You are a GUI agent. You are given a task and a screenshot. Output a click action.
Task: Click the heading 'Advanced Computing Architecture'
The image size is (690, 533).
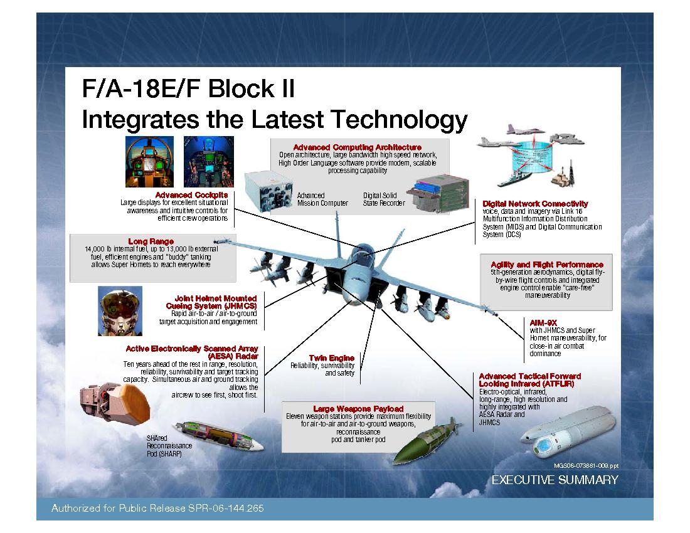(357, 147)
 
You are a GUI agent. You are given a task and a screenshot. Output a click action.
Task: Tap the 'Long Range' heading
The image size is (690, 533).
(151, 241)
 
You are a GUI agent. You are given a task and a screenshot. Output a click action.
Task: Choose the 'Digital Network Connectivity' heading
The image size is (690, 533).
(535, 204)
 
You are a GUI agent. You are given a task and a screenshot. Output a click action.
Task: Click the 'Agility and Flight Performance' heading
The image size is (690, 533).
(547, 265)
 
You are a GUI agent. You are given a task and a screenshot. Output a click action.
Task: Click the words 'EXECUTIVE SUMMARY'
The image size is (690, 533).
(555, 480)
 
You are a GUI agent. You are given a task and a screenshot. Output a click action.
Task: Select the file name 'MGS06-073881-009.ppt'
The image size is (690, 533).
(586, 467)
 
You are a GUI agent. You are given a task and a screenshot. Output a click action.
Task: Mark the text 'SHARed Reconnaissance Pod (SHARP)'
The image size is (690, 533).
(168, 445)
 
